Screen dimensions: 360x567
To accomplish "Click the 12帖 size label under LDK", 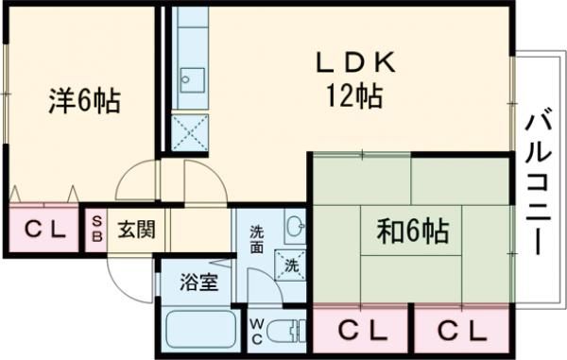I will coord(354,95).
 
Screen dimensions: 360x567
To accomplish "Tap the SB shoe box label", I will coord(95,228).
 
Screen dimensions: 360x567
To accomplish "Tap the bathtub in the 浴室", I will coord(201,331).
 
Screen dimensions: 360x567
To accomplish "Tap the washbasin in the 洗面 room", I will coord(294,226).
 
